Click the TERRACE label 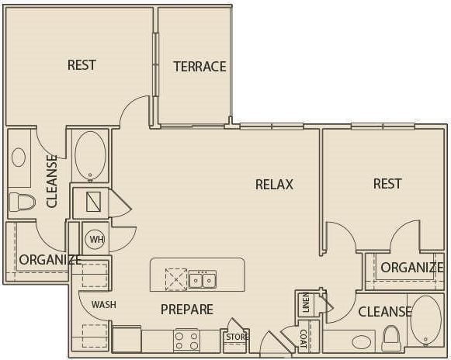(x=199, y=66)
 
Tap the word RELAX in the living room (x=274, y=184)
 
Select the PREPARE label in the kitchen (x=186, y=310)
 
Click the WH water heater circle (x=95, y=239)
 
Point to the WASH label (x=103, y=305)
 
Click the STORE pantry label (x=236, y=337)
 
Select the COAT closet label (x=304, y=339)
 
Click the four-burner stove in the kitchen (x=186, y=340)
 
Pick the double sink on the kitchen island (x=203, y=279)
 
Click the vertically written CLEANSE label (x=52, y=181)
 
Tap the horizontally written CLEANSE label (x=384, y=312)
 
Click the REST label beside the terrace (x=82, y=64)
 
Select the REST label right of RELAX (x=387, y=183)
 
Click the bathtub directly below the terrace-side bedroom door (x=91, y=154)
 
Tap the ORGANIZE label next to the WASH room (x=49, y=260)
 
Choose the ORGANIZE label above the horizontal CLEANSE (x=411, y=268)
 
